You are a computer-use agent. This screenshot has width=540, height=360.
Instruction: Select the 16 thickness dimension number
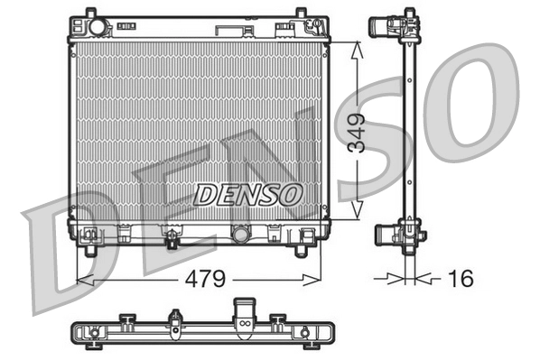coord(461,278)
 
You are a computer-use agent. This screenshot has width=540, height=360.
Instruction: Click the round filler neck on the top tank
coord(97,28)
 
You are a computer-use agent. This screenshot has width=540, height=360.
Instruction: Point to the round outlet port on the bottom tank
coord(241,235)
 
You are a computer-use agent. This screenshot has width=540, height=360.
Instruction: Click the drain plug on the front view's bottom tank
coord(171,238)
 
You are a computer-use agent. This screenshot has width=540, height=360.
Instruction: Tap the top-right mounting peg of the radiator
coord(300,14)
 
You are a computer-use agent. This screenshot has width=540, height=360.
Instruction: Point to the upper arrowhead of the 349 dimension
coord(358,46)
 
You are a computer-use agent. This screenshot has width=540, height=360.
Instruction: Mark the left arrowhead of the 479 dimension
coord(82,279)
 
